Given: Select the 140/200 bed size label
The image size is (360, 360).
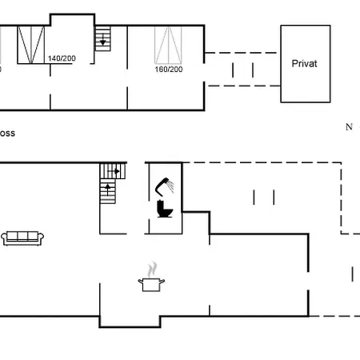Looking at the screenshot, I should [62, 58].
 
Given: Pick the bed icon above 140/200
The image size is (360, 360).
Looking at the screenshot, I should [32, 43].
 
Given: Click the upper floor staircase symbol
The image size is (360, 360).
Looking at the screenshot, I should [102, 38].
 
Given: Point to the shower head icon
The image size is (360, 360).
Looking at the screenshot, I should [165, 185].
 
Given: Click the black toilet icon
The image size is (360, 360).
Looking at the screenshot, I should [166, 210].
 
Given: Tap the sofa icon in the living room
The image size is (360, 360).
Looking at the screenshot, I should [22, 237].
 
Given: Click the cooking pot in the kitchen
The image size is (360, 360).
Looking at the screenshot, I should [151, 284].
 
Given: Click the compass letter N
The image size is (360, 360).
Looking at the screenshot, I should [349, 126].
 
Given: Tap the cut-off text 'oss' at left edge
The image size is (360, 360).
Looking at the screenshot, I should [8, 134].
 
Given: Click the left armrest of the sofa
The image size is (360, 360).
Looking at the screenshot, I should [4, 238].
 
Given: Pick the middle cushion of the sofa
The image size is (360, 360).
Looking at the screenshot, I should [22, 236].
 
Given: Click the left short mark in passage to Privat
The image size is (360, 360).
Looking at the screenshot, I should [233, 70].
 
